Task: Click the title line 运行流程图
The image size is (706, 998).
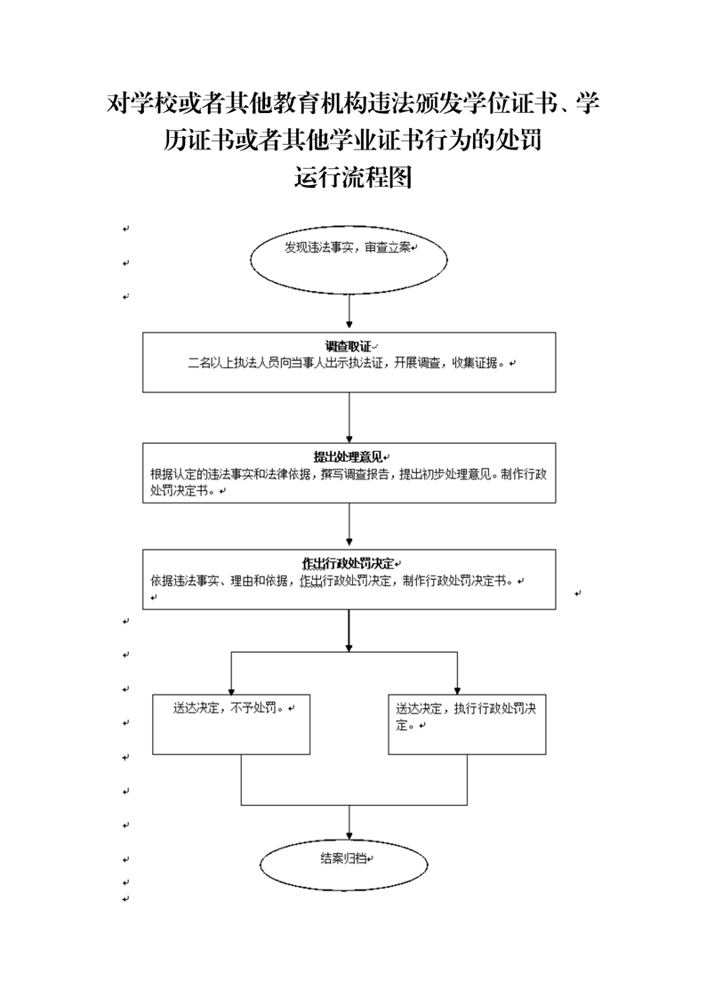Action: (x=353, y=177)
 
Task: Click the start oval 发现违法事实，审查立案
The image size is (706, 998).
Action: (x=349, y=260)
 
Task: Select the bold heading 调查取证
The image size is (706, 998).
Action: (x=348, y=347)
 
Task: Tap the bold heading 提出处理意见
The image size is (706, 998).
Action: (x=348, y=457)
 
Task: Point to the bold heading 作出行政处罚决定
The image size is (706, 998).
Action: (x=348, y=564)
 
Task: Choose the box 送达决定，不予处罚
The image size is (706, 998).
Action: (x=231, y=724)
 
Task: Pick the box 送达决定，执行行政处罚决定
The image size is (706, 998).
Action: (x=467, y=724)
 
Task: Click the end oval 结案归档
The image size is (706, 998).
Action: (x=344, y=865)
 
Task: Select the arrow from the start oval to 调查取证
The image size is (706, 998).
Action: (x=349, y=312)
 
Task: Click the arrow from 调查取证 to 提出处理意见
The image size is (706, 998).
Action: (x=349, y=417)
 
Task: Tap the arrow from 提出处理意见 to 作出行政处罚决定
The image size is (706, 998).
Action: (x=349, y=527)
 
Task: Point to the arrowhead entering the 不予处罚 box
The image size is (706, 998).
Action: (x=231, y=690)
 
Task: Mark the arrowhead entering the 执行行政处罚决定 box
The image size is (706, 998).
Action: (x=457, y=690)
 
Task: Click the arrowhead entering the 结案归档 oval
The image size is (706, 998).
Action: (x=349, y=836)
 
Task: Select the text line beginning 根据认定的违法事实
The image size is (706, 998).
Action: (x=349, y=474)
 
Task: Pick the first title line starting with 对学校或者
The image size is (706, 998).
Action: (x=353, y=103)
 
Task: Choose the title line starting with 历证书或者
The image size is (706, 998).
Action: (x=353, y=140)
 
